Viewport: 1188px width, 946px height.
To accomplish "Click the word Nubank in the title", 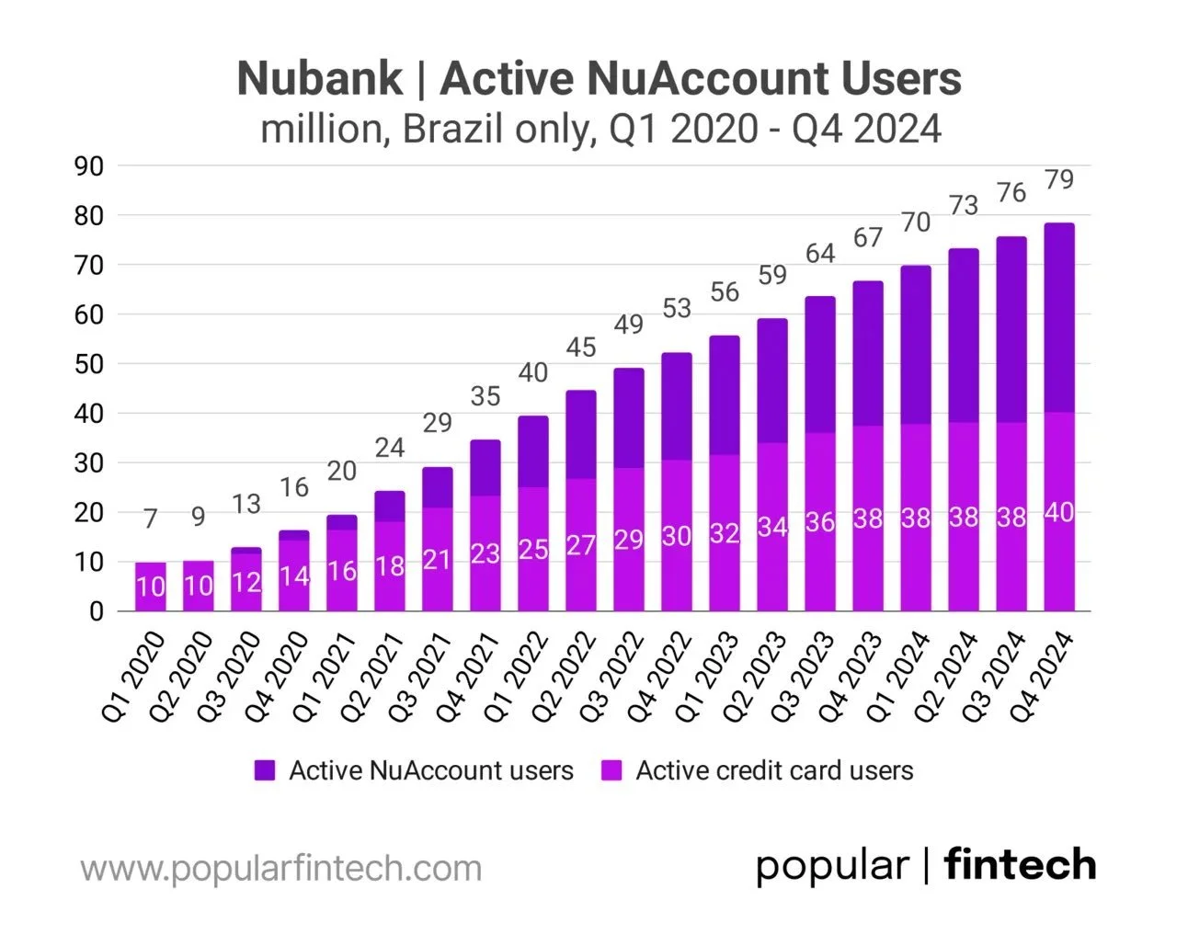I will tap(320, 78).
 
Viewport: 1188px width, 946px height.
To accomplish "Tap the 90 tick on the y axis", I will tap(89, 166).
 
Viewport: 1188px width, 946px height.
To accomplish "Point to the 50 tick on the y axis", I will tap(89, 364).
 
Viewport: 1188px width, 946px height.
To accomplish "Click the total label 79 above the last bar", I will tap(1059, 179).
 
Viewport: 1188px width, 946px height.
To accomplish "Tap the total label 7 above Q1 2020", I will tap(151, 519).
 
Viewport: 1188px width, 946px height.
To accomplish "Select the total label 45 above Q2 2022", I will tap(581, 348).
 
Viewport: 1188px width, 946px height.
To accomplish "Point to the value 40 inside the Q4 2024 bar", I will tap(1059, 513).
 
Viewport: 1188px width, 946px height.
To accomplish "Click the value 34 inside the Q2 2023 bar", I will tap(772, 528).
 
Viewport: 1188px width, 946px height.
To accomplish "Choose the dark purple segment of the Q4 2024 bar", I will tap(1059, 317).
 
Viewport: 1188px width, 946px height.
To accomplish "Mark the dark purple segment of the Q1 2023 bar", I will tap(725, 395).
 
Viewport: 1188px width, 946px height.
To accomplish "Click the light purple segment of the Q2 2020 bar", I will tap(199, 586).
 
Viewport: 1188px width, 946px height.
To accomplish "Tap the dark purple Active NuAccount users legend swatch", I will tap(265, 770).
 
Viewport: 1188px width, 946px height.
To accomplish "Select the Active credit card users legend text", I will tap(774, 770).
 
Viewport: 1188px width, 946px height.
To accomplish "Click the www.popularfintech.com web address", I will tap(281, 868).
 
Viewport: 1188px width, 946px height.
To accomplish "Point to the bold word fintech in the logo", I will tap(1020, 865).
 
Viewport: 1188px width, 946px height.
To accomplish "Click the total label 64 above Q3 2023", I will tap(820, 253).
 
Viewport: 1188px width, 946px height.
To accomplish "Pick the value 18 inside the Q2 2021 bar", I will tap(390, 566).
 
